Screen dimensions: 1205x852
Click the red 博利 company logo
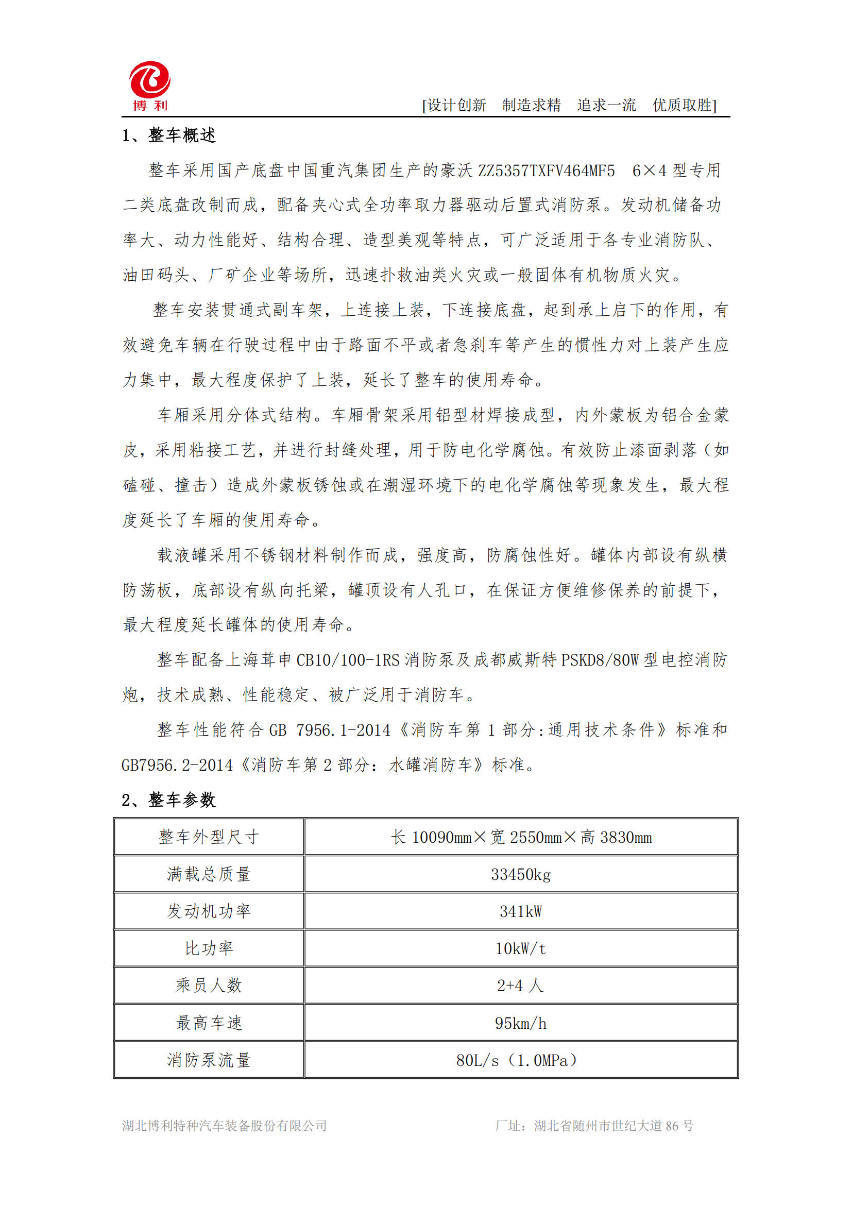pyautogui.click(x=149, y=86)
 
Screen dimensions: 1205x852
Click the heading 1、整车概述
pyautogui.click(x=168, y=135)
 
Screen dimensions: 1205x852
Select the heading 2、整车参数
pyautogui.click(x=168, y=800)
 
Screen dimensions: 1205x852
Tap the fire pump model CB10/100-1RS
pyautogui.click(x=347, y=660)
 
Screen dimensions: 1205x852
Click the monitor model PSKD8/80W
pyautogui.click(x=599, y=660)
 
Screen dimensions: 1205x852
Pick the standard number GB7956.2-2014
pyautogui.click(x=177, y=765)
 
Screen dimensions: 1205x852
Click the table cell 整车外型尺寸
pyautogui.click(x=209, y=837)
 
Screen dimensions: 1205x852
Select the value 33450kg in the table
pyautogui.click(x=520, y=874)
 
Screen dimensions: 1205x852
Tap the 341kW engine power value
pyautogui.click(x=520, y=911)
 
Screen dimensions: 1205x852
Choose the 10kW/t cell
pyautogui.click(x=520, y=948)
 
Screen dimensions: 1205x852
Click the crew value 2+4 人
pyautogui.click(x=520, y=985)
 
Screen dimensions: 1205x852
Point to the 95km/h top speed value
pyautogui.click(x=520, y=1023)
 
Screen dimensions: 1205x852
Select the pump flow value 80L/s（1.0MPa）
pyautogui.click(x=517, y=1060)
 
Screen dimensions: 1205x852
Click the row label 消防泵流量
pyautogui.click(x=209, y=1060)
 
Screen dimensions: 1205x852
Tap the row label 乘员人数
pyautogui.click(x=209, y=985)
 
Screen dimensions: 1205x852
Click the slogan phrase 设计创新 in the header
pyautogui.click(x=456, y=106)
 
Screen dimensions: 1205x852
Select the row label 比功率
pyautogui.click(x=209, y=948)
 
